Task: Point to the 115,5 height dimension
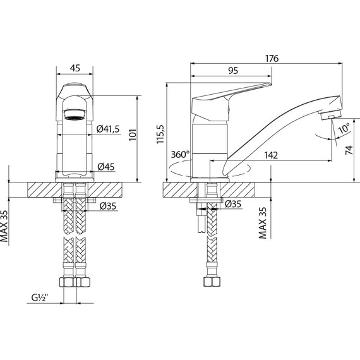(x=160, y=133)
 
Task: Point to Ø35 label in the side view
(x=233, y=204)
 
